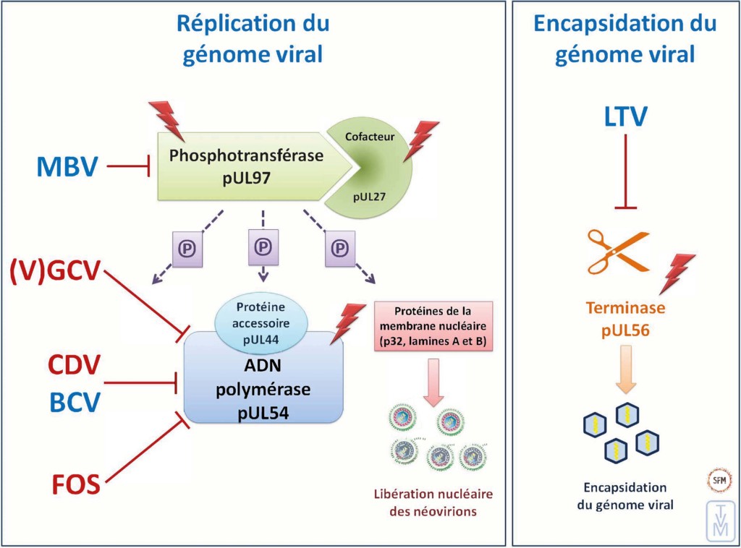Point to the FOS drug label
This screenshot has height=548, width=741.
(x=75, y=483)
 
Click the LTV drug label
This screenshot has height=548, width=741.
(x=624, y=117)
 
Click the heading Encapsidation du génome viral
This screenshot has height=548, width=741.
(x=624, y=38)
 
